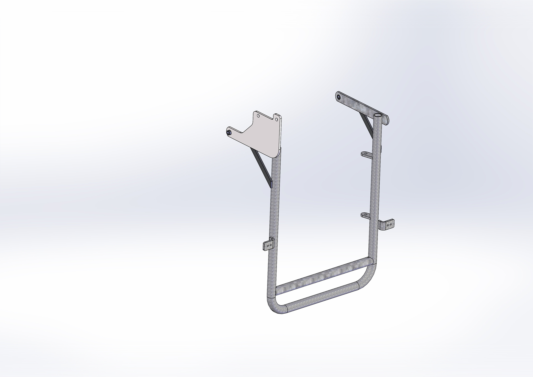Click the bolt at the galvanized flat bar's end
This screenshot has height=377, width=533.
pos(339,97)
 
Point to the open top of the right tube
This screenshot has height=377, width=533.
pos(378,115)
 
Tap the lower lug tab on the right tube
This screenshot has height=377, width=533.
pos(366,215)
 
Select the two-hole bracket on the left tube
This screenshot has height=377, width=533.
pos(268,245)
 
